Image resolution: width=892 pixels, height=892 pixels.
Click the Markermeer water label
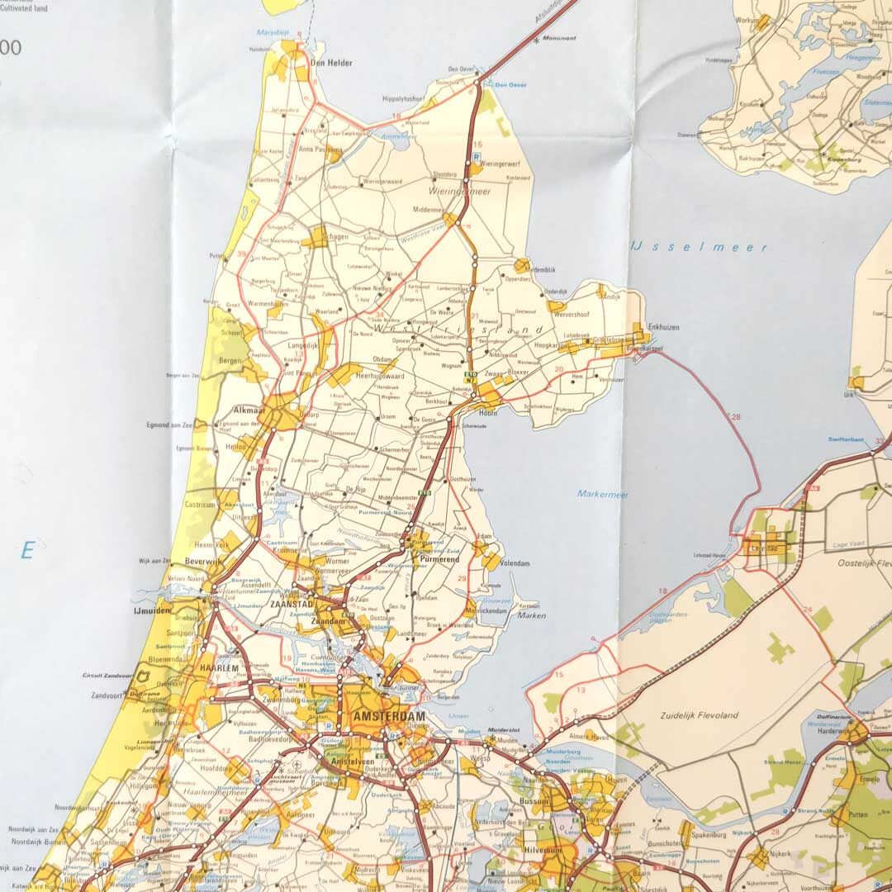point(602,495)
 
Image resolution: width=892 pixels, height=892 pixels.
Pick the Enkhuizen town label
point(664,327)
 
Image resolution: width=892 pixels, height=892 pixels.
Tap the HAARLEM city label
point(220,667)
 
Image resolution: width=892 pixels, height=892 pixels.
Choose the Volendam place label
point(515,563)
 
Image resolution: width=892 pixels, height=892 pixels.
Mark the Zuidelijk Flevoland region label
point(699,715)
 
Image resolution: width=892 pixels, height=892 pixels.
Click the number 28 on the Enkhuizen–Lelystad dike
point(736,416)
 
